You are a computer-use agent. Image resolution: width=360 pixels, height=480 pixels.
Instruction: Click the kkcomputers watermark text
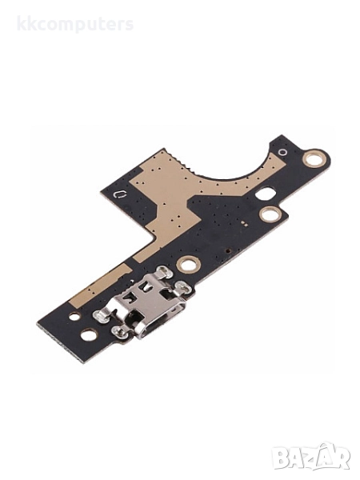click(x=75, y=25)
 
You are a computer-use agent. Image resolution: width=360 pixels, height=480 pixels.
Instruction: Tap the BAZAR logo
click(x=312, y=457)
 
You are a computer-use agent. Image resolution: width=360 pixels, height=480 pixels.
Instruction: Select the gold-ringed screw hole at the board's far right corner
click(x=312, y=158)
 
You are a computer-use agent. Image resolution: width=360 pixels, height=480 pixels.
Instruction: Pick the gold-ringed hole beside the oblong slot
click(x=270, y=214)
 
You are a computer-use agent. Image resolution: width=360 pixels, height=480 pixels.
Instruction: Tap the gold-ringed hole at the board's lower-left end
click(x=89, y=334)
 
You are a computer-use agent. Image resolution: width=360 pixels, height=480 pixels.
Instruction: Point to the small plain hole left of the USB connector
click(x=74, y=316)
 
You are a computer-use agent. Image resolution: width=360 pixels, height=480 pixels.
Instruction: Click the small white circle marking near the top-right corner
click(x=282, y=152)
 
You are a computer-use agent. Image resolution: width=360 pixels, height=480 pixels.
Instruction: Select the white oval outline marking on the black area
click(x=120, y=194)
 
